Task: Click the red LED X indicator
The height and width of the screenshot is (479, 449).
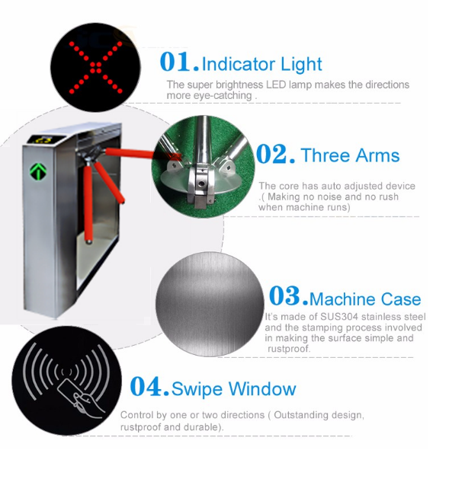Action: click(x=96, y=67)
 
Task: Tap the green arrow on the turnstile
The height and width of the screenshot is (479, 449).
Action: click(x=38, y=171)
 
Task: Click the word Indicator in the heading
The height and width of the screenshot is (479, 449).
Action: click(x=239, y=64)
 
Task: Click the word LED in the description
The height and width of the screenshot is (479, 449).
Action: click(x=276, y=85)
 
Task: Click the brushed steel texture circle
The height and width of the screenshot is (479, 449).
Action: click(x=210, y=304)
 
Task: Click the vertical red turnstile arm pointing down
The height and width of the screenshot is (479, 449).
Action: click(x=88, y=203)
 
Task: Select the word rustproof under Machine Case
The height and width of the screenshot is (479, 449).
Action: click(x=289, y=349)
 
